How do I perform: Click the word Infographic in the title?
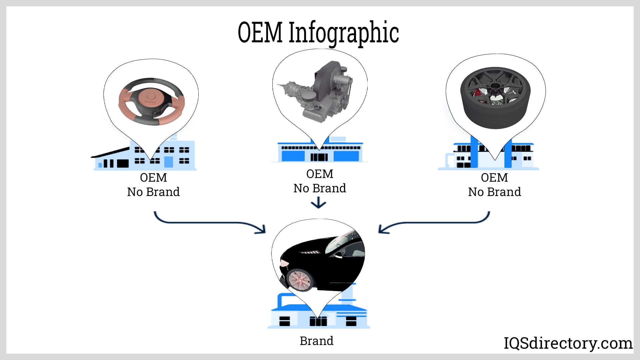343,32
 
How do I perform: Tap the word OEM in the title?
260,32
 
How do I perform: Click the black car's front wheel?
299,279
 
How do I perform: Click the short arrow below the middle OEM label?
319,203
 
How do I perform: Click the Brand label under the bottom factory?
316,341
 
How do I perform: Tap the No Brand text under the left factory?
153,192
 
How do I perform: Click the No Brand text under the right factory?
494,192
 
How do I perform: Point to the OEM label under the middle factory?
320,174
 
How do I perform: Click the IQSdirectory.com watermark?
568,343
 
